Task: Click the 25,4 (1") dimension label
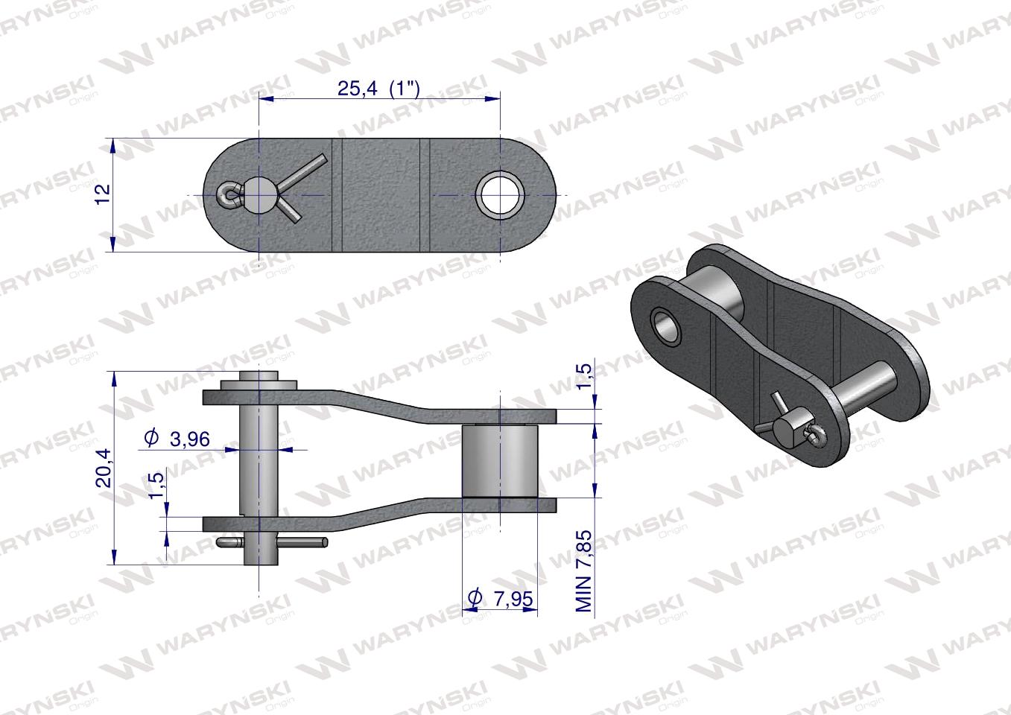pyautogui.click(x=378, y=89)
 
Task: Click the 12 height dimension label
pyautogui.click(x=104, y=192)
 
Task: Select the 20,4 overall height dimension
pyautogui.click(x=104, y=467)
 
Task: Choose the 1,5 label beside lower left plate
pyautogui.click(x=156, y=485)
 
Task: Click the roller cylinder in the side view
pyautogui.click(x=499, y=460)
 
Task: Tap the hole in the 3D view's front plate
pyautogui.click(x=665, y=325)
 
